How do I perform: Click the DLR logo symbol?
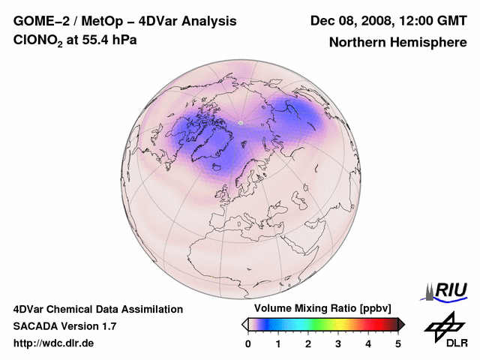click(443, 325)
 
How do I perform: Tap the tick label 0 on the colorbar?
click(248, 343)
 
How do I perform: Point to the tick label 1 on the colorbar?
click(278, 343)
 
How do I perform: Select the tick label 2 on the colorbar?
click(308, 343)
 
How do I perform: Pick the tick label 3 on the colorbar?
click(338, 343)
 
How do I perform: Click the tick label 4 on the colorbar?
click(368, 343)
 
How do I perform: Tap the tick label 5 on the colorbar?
click(398, 343)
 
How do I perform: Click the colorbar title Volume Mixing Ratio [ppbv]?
click(319, 308)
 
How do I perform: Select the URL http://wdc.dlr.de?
click(54, 343)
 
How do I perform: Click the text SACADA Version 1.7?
click(64, 326)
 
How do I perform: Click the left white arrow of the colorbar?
click(244, 323)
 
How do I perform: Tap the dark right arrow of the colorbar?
click(401, 323)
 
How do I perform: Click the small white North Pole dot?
click(240, 121)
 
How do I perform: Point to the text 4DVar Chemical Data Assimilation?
click(98, 309)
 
